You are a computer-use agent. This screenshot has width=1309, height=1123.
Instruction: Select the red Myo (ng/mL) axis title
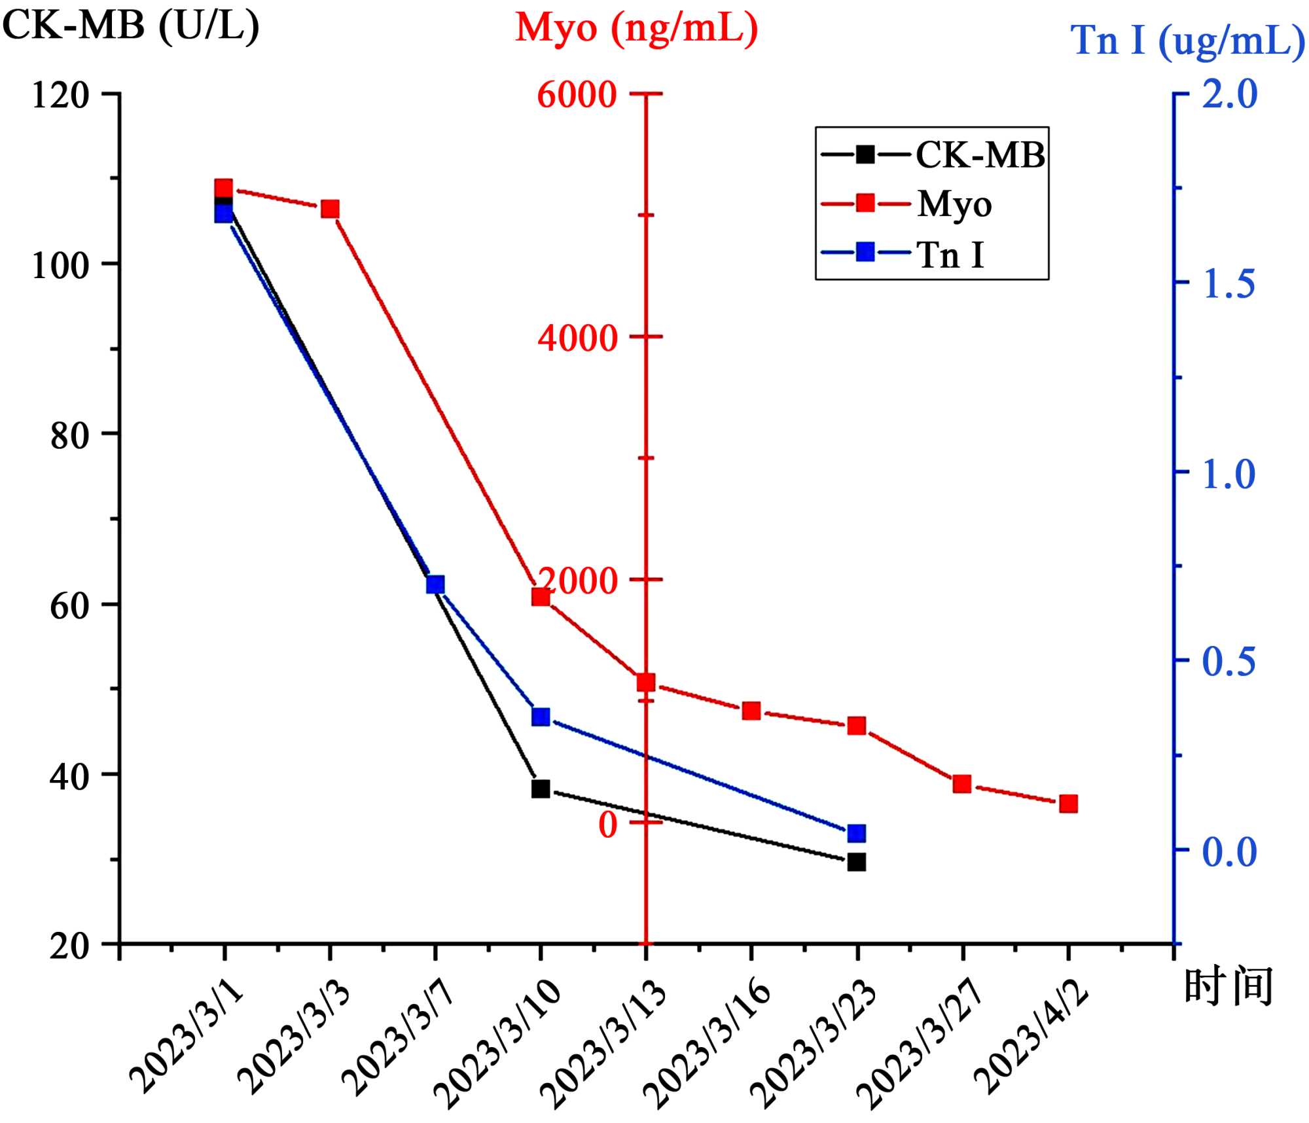pos(636,29)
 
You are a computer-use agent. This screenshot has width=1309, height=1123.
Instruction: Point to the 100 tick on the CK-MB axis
pos(60,265)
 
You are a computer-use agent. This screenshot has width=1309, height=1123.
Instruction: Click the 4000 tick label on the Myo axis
pos(577,338)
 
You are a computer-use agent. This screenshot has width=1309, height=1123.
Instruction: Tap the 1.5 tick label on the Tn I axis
pos(1229,283)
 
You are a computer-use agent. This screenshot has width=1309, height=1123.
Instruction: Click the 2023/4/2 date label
pos(1031,1038)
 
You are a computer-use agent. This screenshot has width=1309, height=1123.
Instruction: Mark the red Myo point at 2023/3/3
pos(330,209)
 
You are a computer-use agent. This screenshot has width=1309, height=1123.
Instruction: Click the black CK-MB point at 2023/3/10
pos(540,789)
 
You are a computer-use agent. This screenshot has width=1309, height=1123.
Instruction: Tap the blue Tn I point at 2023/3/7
pos(435,584)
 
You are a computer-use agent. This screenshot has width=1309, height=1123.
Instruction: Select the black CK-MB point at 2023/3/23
pos(856,862)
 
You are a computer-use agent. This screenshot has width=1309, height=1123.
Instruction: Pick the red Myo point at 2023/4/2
pos(1068,804)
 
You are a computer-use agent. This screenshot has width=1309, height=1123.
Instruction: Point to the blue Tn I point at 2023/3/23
pos(856,833)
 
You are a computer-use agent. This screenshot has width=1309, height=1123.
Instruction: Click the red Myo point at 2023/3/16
pos(751,711)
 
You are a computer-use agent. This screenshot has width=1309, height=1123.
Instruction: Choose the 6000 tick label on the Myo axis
pos(577,95)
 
